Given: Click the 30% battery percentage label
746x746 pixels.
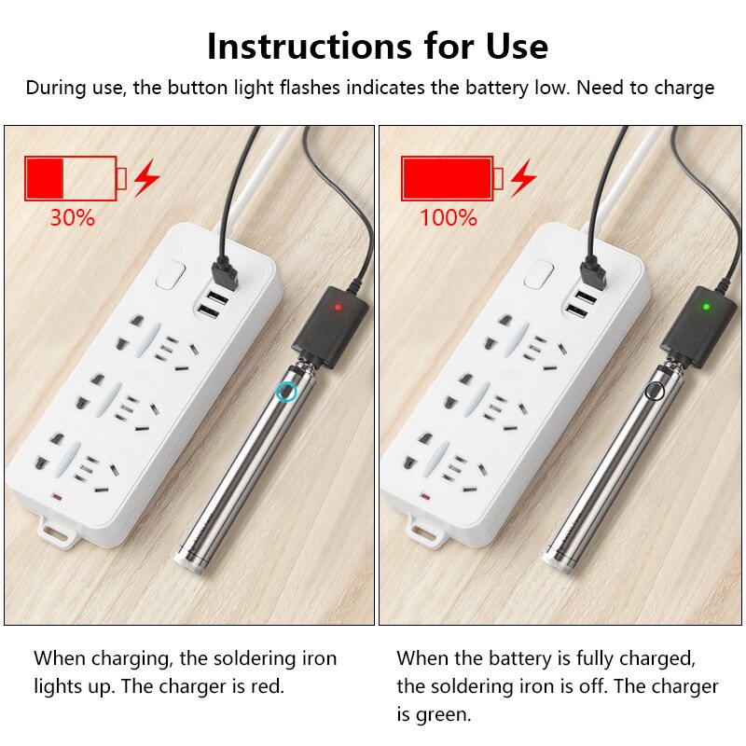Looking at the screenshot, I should coord(73,218).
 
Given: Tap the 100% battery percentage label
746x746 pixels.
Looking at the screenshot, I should coord(448,218).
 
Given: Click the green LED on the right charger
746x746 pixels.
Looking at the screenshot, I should coord(706,305).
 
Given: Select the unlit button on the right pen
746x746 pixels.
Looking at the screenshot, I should coord(656,391).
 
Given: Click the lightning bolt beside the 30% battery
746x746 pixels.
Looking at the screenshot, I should coord(146,177).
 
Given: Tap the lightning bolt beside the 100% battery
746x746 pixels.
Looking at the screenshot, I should coord(523,177).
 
